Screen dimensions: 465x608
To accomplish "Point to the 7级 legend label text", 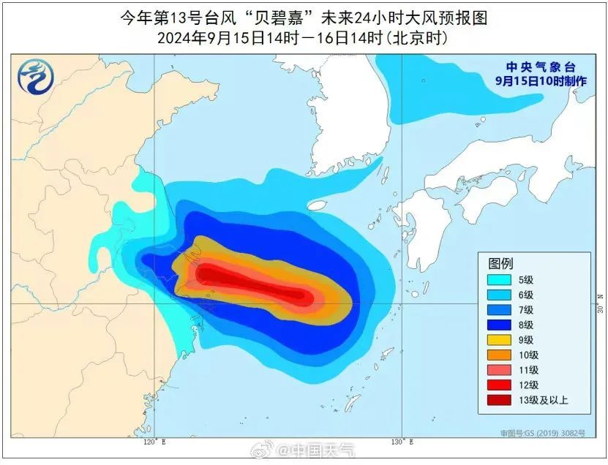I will click(x=526, y=309).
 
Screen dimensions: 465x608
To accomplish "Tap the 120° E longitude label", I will click(x=151, y=442).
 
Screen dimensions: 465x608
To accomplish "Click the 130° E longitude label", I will click(x=402, y=442).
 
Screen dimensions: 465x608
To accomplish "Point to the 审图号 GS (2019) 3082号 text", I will click(x=543, y=434).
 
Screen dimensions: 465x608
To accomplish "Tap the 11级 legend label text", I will click(x=528, y=369).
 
